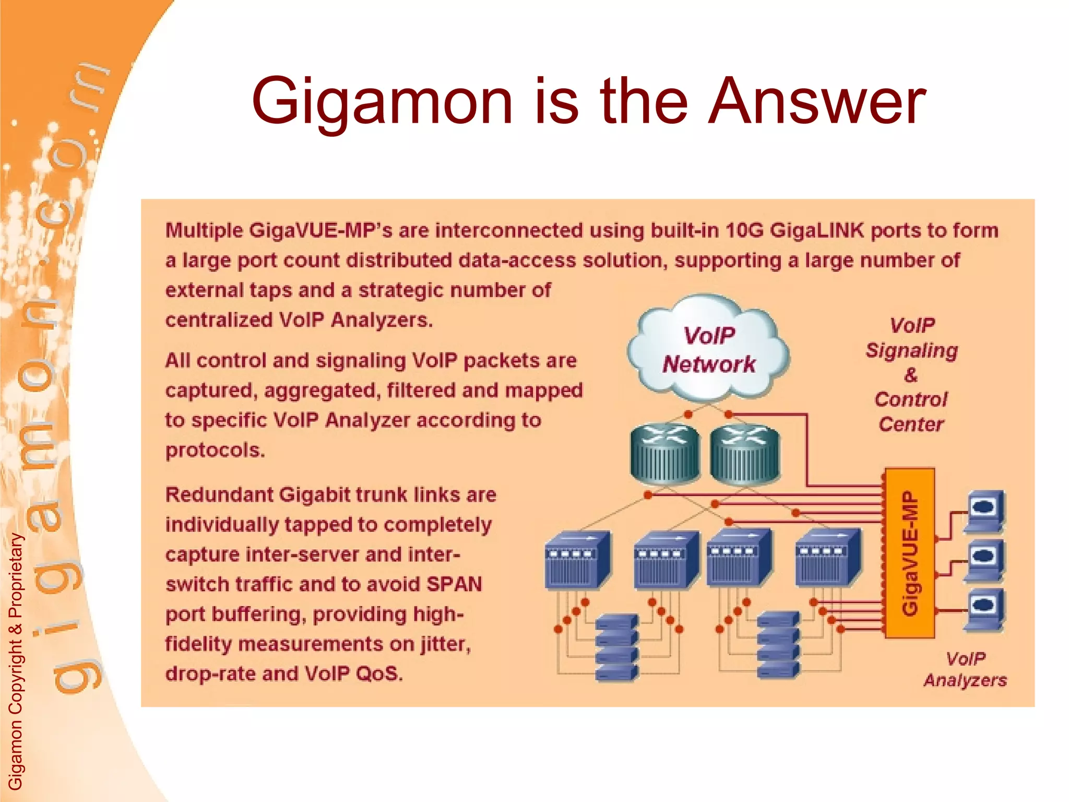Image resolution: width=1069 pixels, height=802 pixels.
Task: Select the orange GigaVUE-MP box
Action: [909, 552]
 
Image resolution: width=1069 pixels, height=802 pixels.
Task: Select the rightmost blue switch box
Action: [827, 557]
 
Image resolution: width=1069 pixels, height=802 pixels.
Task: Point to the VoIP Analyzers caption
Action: [965, 669]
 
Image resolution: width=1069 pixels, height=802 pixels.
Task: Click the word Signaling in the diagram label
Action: [911, 350]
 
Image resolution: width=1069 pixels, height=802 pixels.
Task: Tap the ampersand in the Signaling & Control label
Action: [911, 375]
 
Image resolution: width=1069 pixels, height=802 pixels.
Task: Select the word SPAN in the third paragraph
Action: [454, 584]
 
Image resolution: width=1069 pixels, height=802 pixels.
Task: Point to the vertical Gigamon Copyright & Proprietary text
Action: [16, 661]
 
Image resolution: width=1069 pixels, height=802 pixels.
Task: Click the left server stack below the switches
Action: [616, 647]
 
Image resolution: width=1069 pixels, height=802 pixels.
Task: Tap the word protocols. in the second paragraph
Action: [215, 450]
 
